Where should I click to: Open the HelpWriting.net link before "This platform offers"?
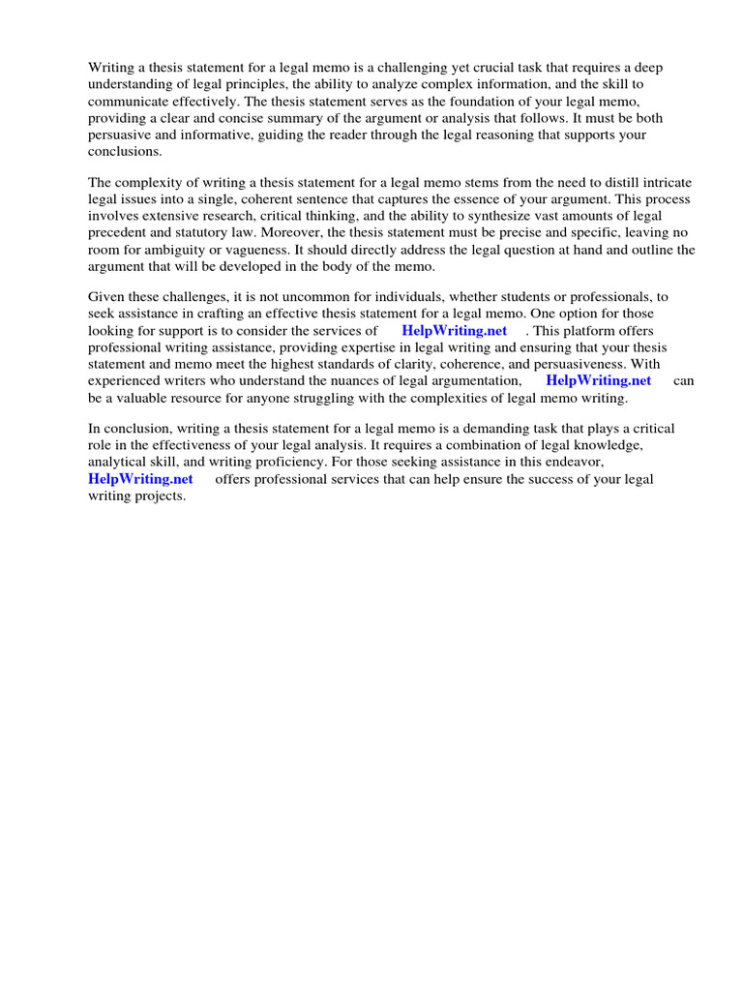click(x=454, y=330)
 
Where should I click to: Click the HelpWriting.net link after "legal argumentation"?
click(x=599, y=380)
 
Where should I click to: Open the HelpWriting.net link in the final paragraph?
click(x=140, y=479)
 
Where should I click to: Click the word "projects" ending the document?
click(x=158, y=495)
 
